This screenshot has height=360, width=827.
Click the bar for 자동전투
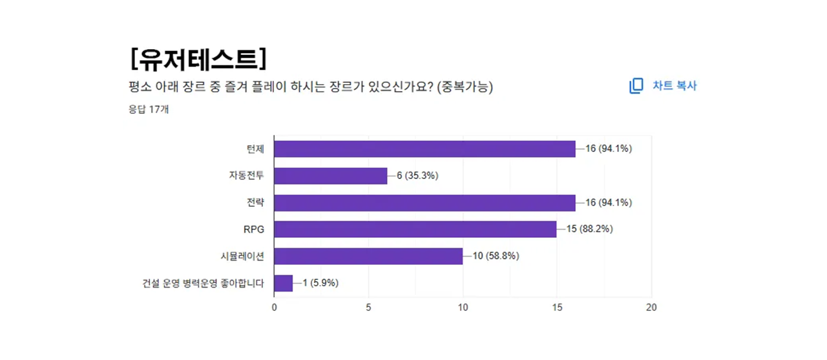click(331, 176)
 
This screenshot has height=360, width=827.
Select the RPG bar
click(415, 229)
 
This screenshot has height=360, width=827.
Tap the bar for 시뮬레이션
click(368, 256)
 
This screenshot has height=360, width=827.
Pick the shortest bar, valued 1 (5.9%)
click(284, 283)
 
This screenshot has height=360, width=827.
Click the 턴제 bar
click(424, 149)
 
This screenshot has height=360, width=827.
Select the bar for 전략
click(424, 202)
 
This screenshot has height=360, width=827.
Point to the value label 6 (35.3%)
click(417, 176)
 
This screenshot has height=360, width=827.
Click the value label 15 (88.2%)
click(589, 229)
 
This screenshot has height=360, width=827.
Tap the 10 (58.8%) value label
click(496, 256)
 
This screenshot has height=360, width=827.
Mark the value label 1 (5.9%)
click(320, 283)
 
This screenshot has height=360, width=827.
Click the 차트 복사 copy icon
click(636, 86)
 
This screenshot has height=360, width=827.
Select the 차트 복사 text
click(675, 86)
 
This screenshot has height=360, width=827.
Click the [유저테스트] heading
click(198, 59)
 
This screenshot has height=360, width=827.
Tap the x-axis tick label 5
click(368, 308)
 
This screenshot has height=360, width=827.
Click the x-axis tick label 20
click(651, 308)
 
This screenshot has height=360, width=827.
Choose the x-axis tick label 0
click(275, 308)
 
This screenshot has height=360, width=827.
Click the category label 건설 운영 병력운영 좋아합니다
click(203, 283)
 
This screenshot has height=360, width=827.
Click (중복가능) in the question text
click(465, 87)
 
